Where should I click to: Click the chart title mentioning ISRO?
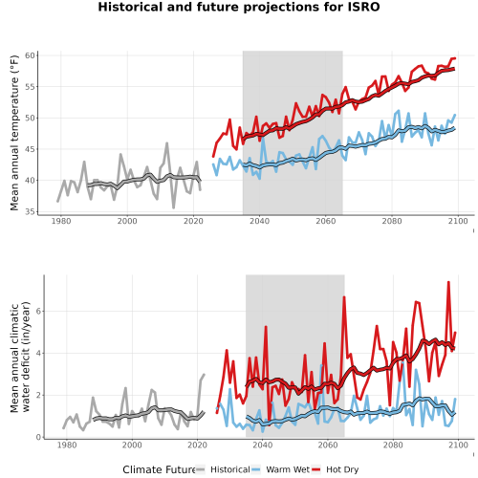[239, 7]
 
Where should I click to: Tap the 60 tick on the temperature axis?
[30, 55]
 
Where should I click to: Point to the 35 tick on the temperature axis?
[30, 211]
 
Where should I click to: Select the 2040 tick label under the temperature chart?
[259, 221]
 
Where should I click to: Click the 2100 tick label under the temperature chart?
[458, 221]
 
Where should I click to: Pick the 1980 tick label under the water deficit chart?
[67, 445]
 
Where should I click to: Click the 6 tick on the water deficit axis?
[38, 311]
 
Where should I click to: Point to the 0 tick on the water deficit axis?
[38, 437]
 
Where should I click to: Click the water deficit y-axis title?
[20, 357]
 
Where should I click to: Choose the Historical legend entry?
[223, 469]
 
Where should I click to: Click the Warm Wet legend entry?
[280, 469]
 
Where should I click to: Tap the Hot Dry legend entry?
[336, 469]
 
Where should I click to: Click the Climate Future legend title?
[159, 469]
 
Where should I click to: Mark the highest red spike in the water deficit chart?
[448, 282]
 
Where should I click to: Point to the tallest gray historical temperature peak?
[166, 143]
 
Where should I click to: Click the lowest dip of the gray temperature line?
[174, 207]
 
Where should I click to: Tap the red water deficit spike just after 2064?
[344, 297]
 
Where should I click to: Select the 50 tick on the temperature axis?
[30, 118]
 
